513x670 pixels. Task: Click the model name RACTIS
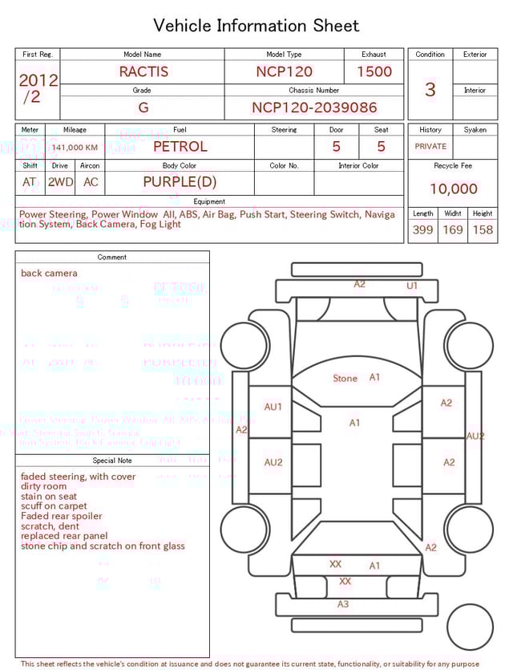click(x=143, y=71)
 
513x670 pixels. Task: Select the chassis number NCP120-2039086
click(x=314, y=108)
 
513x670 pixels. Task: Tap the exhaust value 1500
click(x=374, y=71)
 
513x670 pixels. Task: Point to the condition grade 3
click(x=430, y=89)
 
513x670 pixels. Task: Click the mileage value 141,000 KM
click(x=75, y=148)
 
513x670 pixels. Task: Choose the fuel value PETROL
click(x=180, y=147)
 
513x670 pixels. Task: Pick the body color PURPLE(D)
click(x=180, y=182)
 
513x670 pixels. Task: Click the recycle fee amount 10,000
click(x=453, y=189)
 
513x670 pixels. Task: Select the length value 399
click(x=422, y=230)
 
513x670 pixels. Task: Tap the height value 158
click(x=483, y=230)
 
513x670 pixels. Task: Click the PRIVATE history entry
click(x=430, y=147)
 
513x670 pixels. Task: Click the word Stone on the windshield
click(x=345, y=379)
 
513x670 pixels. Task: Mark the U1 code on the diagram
click(x=412, y=286)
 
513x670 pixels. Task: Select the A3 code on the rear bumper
click(x=343, y=604)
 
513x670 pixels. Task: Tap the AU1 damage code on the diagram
click(x=273, y=407)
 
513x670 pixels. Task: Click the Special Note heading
click(x=112, y=461)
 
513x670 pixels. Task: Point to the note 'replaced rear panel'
click(x=64, y=536)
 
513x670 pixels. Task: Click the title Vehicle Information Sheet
click(x=256, y=26)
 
